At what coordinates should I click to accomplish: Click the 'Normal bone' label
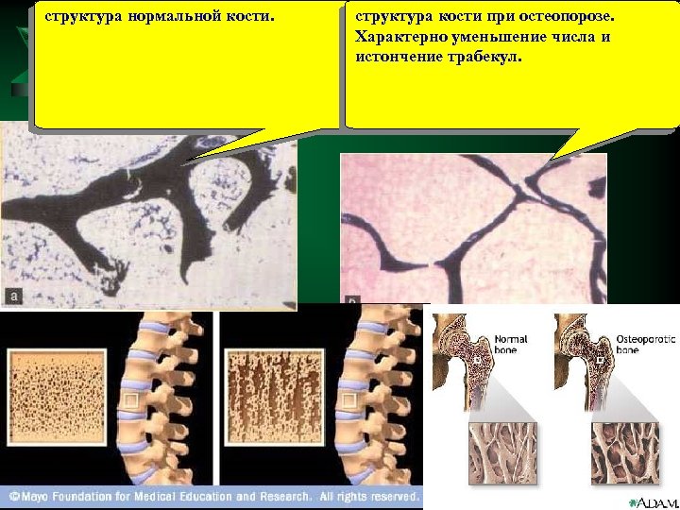coord(510,344)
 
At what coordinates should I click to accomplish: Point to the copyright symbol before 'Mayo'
coord(14,496)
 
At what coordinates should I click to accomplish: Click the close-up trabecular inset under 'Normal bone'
coord(501,456)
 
